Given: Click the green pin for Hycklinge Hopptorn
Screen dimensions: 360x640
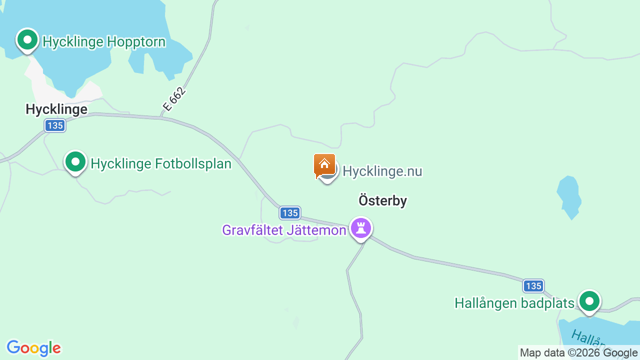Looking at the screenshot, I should click(27, 39).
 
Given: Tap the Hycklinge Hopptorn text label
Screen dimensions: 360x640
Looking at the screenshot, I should click(104, 41).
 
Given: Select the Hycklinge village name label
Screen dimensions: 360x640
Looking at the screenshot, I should click(56, 109).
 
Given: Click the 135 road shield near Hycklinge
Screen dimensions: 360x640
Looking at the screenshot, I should click(54, 125).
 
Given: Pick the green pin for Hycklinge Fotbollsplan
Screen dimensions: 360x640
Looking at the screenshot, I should click(75, 162).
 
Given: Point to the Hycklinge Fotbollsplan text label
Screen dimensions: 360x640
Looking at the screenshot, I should click(161, 163).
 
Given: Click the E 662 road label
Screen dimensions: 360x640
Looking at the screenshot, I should click(174, 99).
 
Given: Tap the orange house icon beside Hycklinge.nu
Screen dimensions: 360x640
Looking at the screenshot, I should click(324, 165).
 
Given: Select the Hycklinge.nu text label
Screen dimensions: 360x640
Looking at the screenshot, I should click(382, 171).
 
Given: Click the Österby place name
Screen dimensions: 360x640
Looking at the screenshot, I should click(382, 200).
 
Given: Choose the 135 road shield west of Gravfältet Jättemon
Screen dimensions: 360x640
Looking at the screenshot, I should click(290, 213).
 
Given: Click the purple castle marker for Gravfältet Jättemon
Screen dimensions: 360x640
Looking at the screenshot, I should click(361, 228).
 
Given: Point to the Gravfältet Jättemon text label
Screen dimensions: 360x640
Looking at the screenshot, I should click(284, 230).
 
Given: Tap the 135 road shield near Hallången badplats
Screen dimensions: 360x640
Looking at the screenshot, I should click(533, 286).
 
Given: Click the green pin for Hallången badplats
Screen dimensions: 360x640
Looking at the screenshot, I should click(589, 301).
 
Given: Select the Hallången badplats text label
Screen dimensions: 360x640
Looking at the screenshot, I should click(514, 303).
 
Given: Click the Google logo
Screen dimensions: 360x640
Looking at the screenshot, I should click(34, 348).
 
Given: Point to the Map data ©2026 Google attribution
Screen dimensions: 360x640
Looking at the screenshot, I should click(578, 353).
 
